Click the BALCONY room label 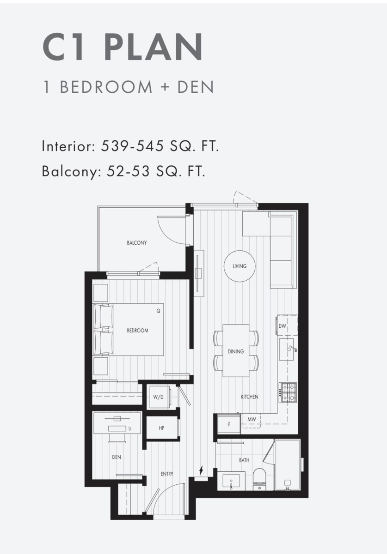(x=137, y=243)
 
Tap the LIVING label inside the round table (x=240, y=266)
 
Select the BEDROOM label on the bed (x=137, y=331)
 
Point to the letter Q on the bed (x=158, y=311)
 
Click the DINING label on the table (x=236, y=351)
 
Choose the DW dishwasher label (x=282, y=326)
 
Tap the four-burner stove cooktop (x=288, y=392)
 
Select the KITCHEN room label (x=250, y=397)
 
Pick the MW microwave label (x=252, y=419)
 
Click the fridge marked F (x=229, y=424)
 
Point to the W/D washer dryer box (x=158, y=397)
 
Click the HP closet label (x=161, y=428)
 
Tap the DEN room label (x=117, y=457)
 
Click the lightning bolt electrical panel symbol (x=201, y=470)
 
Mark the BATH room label (x=244, y=460)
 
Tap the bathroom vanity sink (x=231, y=481)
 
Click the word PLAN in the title (x=153, y=47)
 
